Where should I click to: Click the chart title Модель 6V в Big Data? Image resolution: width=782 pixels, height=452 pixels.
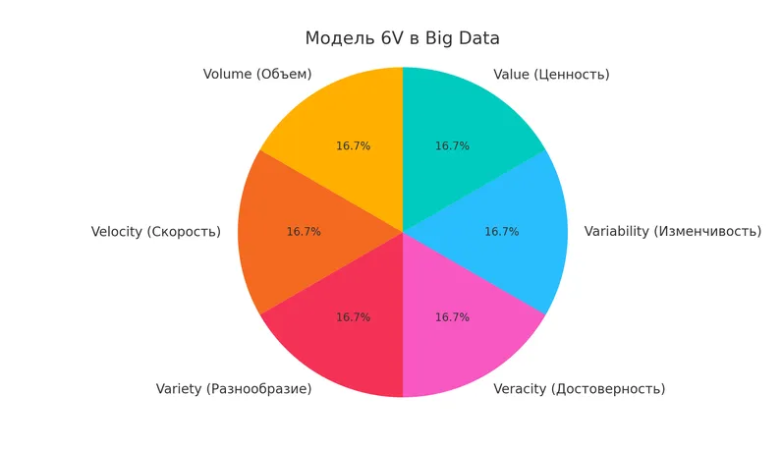402,38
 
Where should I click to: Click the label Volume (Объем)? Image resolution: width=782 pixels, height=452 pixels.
257,75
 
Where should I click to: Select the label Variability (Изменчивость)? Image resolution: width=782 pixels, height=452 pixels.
672,232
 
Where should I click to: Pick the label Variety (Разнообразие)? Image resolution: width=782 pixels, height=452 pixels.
234,389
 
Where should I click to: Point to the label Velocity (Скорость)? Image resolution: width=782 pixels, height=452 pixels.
156,232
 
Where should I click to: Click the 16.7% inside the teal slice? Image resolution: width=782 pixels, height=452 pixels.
452,146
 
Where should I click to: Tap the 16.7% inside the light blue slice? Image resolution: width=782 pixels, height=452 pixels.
501,232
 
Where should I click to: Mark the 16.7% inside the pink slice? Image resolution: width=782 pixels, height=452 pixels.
452,317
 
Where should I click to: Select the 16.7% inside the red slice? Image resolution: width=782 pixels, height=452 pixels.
353,317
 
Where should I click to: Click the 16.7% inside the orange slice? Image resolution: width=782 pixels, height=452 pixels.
304,232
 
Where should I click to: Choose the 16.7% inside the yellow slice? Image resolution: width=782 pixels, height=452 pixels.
353,146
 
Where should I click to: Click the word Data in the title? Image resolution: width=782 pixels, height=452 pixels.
476,38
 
